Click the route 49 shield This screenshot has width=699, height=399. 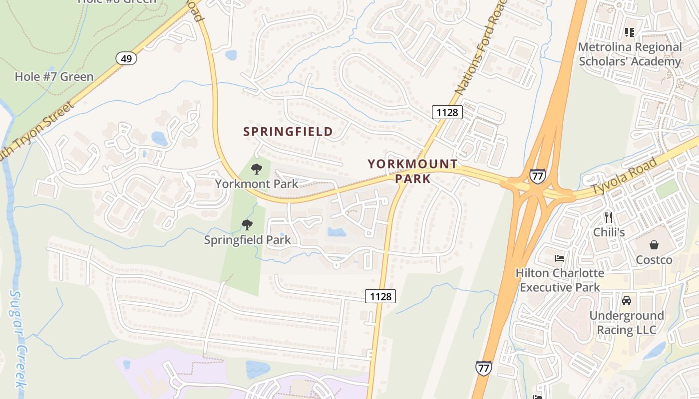pyautogui.click(x=126, y=59)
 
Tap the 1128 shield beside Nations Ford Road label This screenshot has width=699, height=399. pyautogui.click(x=447, y=112)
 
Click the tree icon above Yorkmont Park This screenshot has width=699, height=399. pyautogui.click(x=257, y=169)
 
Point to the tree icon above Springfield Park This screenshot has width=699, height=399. pyautogui.click(x=247, y=225)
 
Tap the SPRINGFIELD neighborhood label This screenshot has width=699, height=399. pyautogui.click(x=288, y=132)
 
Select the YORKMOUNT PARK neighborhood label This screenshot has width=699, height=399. pyautogui.click(x=412, y=171)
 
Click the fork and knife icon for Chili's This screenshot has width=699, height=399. pyautogui.click(x=608, y=217)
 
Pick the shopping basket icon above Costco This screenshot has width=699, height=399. pyautogui.click(x=654, y=245)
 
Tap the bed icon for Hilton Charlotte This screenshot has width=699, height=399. pyautogui.click(x=560, y=258)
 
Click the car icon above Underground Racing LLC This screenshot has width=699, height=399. pyautogui.click(x=626, y=301)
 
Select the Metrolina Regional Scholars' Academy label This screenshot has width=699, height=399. pyautogui.click(x=630, y=54)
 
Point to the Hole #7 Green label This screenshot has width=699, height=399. pyautogui.click(x=54, y=77)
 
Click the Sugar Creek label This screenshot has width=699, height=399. pyautogui.click(x=18, y=339)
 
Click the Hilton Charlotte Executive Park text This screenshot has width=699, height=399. pyautogui.click(x=560, y=280)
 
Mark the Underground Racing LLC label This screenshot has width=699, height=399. pyautogui.click(x=626, y=323)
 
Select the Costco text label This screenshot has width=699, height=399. pyautogui.click(x=654, y=260)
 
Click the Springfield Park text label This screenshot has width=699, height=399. pyautogui.click(x=247, y=240)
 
